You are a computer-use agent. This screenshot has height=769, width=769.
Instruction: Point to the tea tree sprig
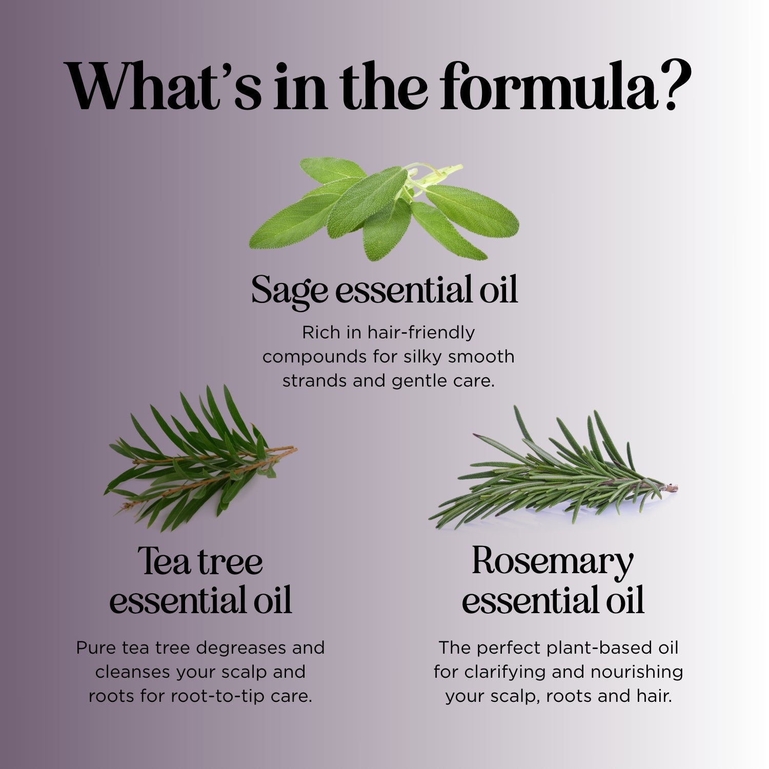200,458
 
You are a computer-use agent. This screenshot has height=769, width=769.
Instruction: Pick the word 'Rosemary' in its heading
553,561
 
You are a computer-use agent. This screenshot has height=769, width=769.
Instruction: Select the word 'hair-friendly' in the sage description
421,333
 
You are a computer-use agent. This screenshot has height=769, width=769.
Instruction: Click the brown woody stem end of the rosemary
672,488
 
